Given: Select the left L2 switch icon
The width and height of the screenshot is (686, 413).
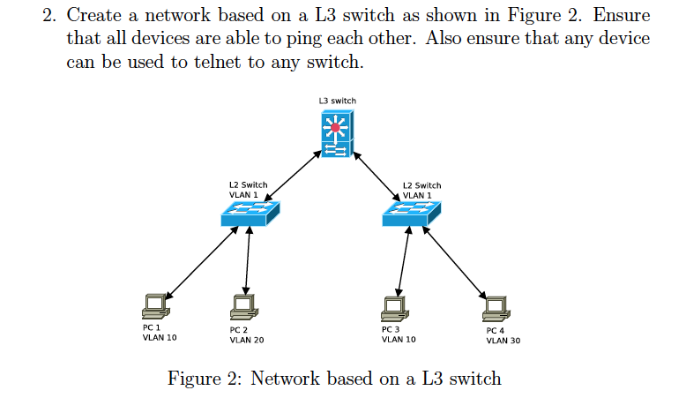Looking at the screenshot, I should click(x=249, y=212).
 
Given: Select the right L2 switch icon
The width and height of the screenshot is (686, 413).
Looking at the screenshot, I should click(x=411, y=212).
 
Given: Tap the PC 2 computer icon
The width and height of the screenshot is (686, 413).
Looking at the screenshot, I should click(x=243, y=305).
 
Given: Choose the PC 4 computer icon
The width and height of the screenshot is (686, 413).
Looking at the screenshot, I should click(x=496, y=305).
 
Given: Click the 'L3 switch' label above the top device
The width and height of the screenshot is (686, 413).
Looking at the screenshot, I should click(x=337, y=101).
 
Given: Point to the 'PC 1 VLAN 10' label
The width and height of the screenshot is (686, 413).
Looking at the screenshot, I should click(x=159, y=332).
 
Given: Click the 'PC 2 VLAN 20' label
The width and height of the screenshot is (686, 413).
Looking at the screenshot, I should click(x=246, y=334).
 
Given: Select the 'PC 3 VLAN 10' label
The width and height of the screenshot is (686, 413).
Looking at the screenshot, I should click(x=399, y=334).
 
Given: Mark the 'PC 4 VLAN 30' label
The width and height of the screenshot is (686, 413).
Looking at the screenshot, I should click(x=503, y=334).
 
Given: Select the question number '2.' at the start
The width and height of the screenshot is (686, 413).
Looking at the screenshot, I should click(x=49, y=17).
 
